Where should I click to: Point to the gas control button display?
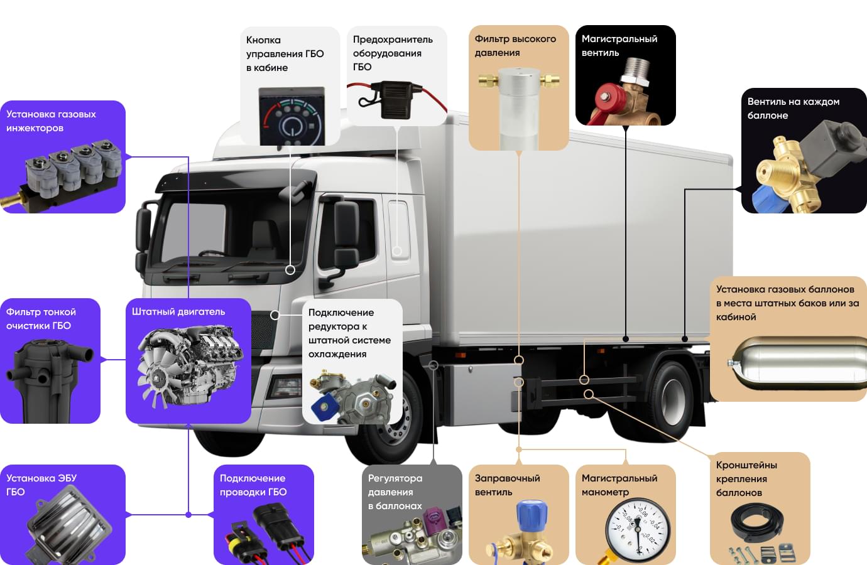[x=292, y=116]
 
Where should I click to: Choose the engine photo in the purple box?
[x=190, y=365]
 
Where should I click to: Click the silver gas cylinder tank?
[x=798, y=363]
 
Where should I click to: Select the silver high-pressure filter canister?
[x=519, y=109]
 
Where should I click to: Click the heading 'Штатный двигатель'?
[x=178, y=312]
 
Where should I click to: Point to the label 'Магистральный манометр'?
[x=619, y=485]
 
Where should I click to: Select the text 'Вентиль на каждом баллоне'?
[x=793, y=108]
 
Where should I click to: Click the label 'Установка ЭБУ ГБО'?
[x=41, y=485]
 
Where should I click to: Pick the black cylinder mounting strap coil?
[x=757, y=522]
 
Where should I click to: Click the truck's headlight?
[x=287, y=386]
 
